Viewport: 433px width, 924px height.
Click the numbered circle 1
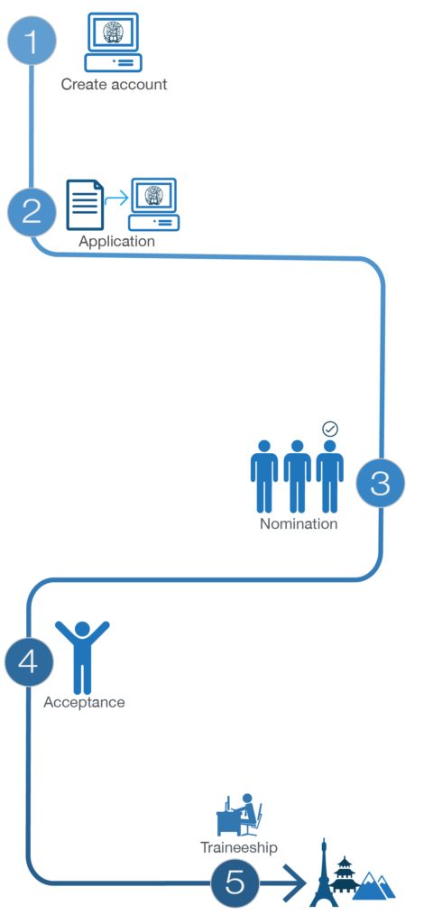click(32, 42)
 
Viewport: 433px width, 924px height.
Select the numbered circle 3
click(381, 483)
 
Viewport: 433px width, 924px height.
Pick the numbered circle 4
click(29, 661)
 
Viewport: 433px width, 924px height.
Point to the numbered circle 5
click(235, 882)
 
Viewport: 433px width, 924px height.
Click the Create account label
click(115, 84)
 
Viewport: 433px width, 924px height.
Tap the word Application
click(116, 241)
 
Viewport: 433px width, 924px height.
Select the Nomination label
click(299, 523)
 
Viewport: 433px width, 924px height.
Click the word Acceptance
click(84, 702)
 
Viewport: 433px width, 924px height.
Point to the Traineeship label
click(238, 847)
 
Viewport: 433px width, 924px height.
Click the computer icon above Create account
click(113, 42)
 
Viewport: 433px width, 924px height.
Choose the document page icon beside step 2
click(85, 205)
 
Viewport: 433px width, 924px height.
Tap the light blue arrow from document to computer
click(116, 199)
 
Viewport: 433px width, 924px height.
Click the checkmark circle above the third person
click(330, 429)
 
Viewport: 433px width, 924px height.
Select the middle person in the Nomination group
click(297, 476)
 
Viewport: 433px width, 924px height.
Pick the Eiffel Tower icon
click(324, 873)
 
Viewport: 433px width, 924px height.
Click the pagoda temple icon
click(344, 878)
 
